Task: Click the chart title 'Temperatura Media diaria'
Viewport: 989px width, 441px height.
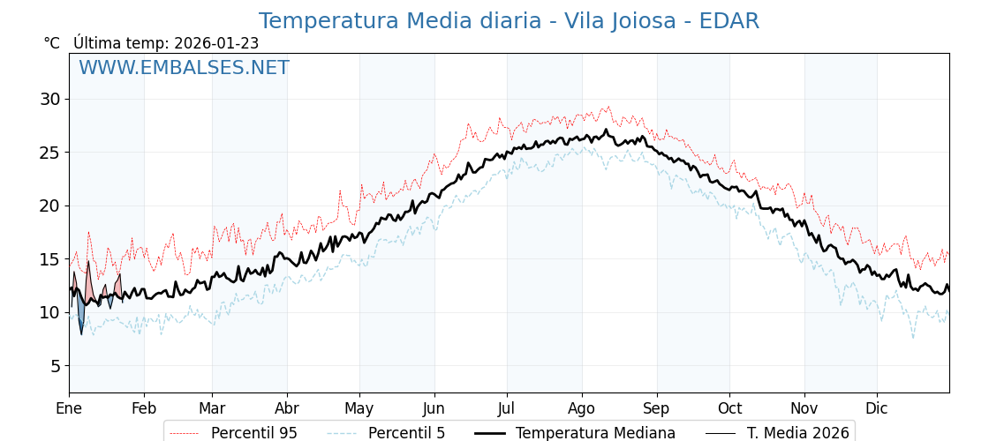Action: tap(509, 21)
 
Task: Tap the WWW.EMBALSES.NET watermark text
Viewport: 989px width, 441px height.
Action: tap(184, 68)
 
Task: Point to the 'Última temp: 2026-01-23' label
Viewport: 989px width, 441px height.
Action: tap(166, 43)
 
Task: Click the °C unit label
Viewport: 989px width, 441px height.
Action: tap(52, 43)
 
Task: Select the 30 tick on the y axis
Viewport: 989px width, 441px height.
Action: tap(49, 99)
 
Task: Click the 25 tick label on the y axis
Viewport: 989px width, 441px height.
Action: tap(49, 153)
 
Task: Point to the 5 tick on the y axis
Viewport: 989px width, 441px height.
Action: tap(55, 366)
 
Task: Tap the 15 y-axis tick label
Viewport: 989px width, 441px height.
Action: tap(49, 259)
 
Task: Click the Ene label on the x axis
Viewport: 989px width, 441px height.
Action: tap(69, 409)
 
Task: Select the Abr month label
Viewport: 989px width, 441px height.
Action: tap(287, 409)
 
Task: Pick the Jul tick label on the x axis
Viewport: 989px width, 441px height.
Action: tap(507, 409)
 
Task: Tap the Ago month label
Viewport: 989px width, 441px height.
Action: tap(582, 409)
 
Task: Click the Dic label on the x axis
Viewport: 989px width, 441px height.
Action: tap(877, 409)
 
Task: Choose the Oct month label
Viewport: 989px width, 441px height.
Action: tap(729, 409)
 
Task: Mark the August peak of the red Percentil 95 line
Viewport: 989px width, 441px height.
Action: tap(608, 108)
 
